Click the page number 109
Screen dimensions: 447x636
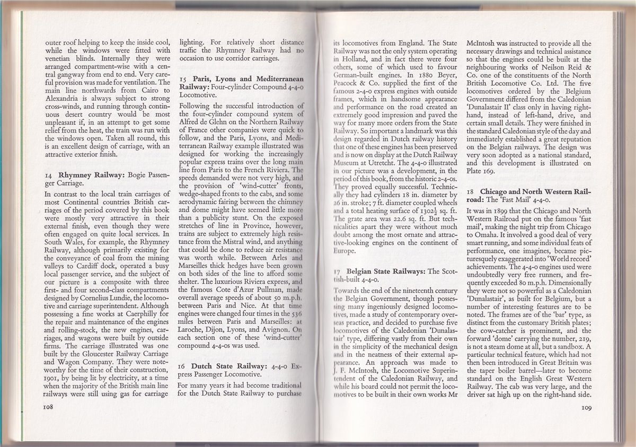pyautogui.click(x=586, y=408)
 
